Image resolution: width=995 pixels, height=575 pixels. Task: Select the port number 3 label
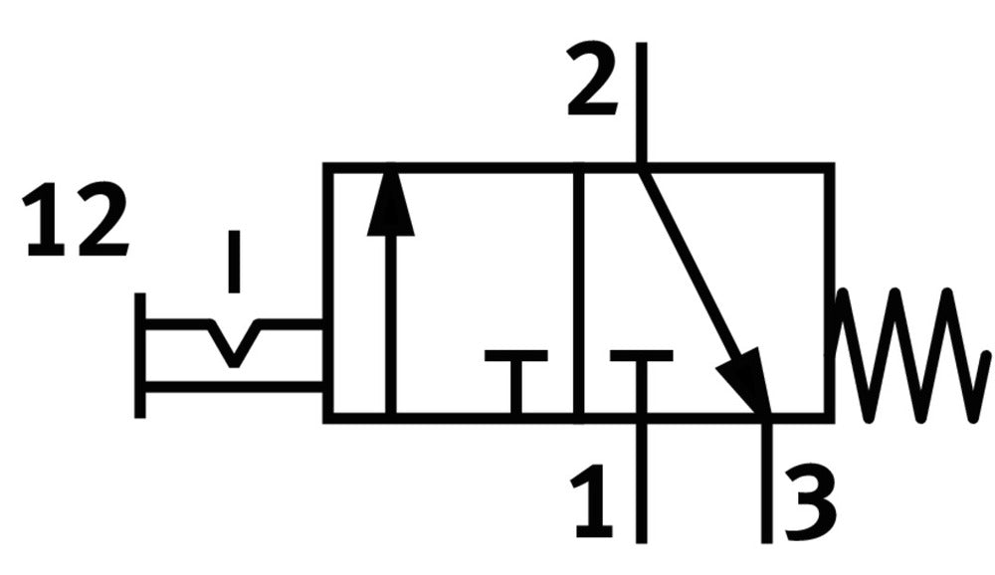click(810, 503)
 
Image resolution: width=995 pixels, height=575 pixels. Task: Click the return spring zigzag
click(910, 355)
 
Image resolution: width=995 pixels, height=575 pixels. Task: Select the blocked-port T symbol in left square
click(515, 381)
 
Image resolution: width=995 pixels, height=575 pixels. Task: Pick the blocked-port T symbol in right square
click(641, 381)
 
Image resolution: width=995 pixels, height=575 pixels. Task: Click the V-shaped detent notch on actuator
click(234, 344)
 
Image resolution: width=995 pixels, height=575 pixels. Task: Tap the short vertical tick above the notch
click(234, 262)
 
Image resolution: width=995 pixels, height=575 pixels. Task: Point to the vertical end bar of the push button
click(140, 355)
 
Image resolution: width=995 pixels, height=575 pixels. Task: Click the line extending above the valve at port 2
click(642, 103)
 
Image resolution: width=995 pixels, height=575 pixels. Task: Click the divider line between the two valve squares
click(578, 292)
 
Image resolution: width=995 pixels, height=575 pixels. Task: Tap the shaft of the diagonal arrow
click(692, 267)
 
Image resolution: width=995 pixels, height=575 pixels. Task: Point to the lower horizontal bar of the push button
click(234, 387)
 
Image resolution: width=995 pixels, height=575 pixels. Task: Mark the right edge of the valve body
click(829, 292)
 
